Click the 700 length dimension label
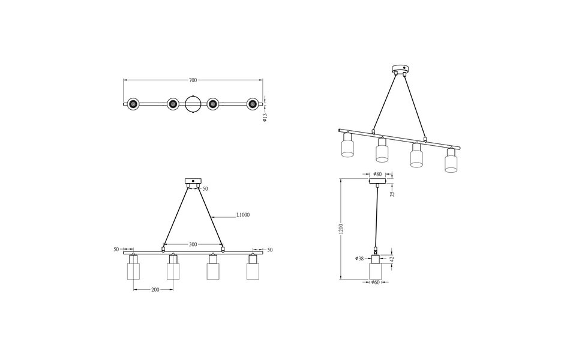[x=193, y=80]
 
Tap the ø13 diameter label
[x=265, y=118]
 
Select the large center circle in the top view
[x=193, y=104]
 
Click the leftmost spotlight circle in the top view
[x=133, y=104]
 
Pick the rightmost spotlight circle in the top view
[x=253, y=104]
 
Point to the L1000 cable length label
[x=243, y=215]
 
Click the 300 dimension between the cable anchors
[x=193, y=244]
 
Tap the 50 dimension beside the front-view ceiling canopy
[x=205, y=188]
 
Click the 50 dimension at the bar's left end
[x=116, y=249]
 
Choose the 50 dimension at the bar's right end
[x=269, y=249]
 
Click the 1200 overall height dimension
[x=340, y=229]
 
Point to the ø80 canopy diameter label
[x=377, y=174]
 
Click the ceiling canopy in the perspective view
[x=398, y=68]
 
